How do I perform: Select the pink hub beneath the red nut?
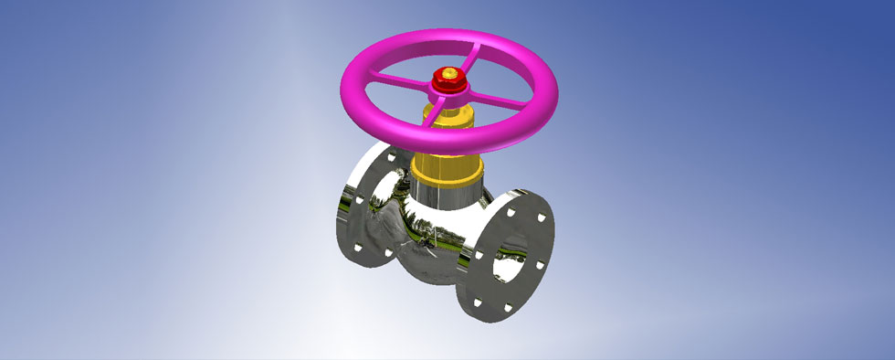click(447, 94)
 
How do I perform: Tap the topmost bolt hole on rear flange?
click(392, 157)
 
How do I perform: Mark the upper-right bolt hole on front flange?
click(542, 220)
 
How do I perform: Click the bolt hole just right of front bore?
click(540, 266)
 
